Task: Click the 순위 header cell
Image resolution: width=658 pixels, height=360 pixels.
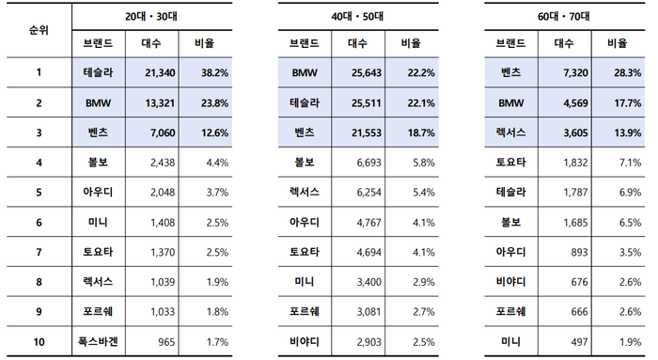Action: coord(38,30)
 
